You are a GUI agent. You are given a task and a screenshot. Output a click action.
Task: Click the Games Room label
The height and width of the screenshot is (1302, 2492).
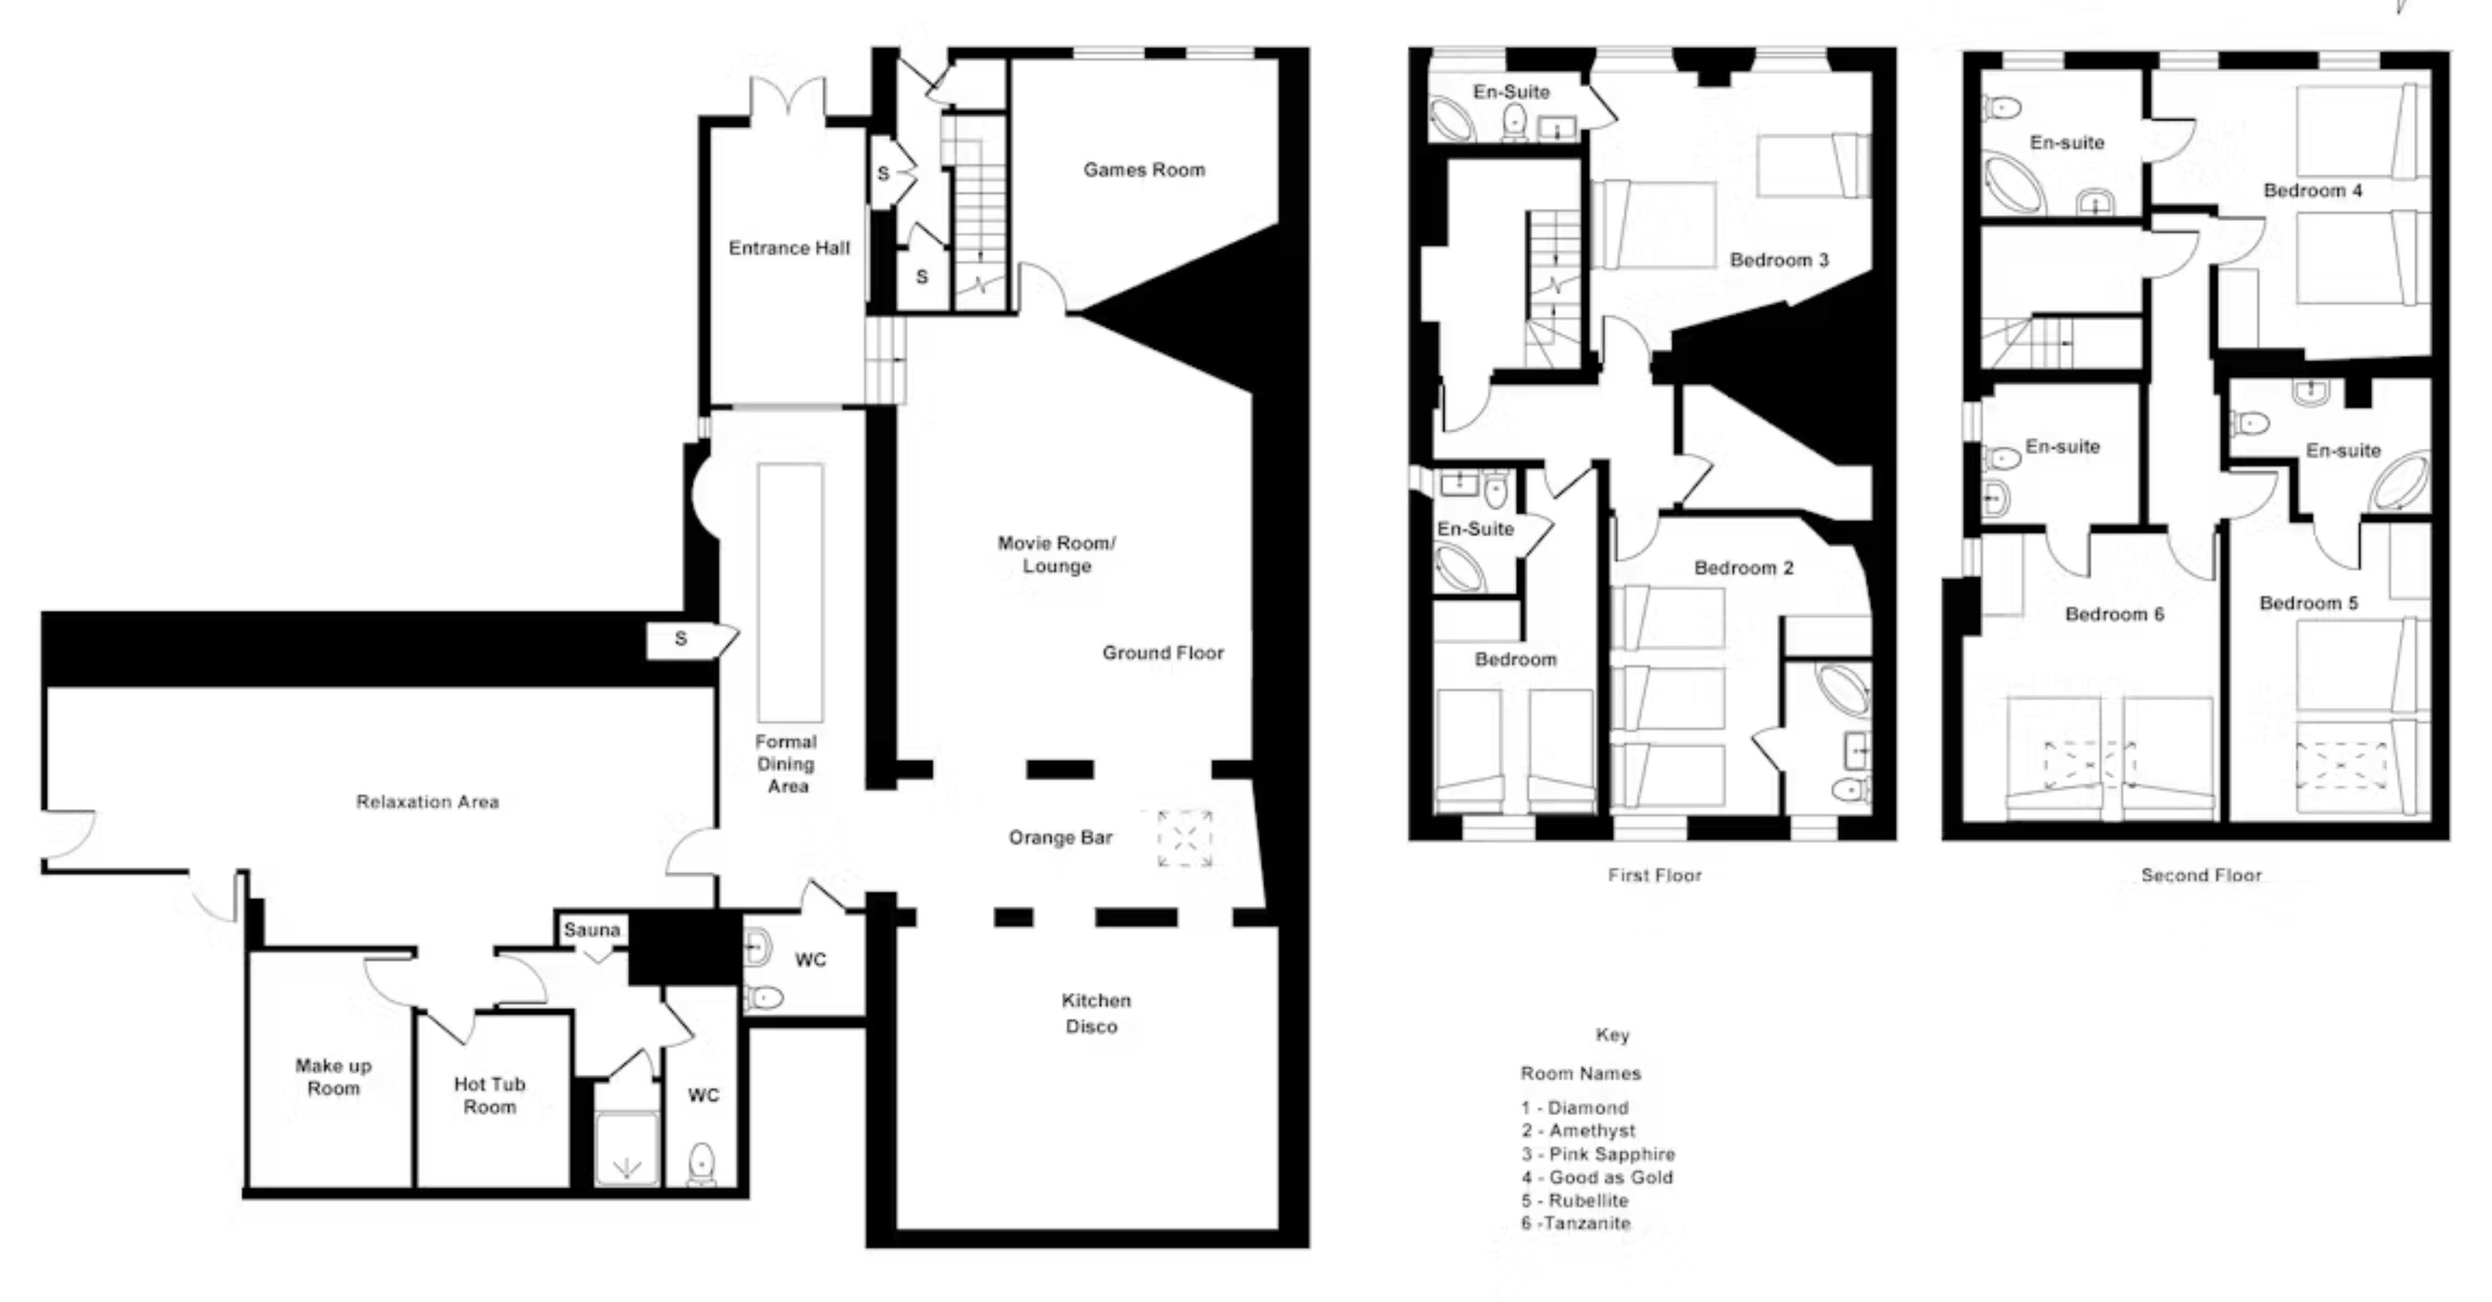coord(1144,170)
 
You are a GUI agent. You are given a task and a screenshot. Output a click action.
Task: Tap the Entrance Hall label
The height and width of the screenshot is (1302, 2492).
coord(789,249)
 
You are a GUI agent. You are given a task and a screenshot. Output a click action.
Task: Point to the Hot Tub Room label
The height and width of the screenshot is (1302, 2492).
coord(489,1095)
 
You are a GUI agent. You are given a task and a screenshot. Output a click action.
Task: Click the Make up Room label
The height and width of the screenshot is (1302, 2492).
coord(334,1077)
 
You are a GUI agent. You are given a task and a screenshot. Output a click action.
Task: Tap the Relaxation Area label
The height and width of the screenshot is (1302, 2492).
coord(428,802)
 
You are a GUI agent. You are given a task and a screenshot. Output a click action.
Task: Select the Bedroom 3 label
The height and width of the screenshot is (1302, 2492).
coord(1779,260)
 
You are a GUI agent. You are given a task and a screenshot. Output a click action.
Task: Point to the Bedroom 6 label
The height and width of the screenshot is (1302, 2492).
coord(2115,614)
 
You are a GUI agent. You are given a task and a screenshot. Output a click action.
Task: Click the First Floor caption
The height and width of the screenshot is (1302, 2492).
coord(1655,876)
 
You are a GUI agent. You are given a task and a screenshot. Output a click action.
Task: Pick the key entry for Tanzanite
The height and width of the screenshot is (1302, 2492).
coord(1576,1224)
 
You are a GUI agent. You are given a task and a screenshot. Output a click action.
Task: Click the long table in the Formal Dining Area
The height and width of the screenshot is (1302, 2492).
coord(791,593)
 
